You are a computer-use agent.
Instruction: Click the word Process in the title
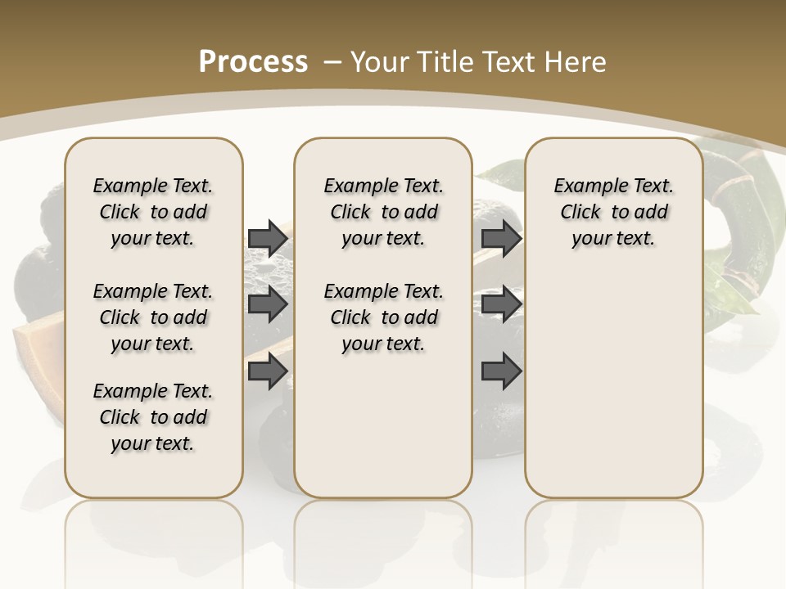click(253, 62)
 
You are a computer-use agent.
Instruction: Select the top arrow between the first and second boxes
click(268, 238)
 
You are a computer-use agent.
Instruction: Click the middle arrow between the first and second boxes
click(268, 304)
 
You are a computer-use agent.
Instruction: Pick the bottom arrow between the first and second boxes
click(268, 371)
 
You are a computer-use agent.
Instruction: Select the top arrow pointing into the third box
click(501, 238)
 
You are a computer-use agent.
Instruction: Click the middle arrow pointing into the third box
click(501, 304)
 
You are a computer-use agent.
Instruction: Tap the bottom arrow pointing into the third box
click(501, 371)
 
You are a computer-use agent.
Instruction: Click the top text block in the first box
click(153, 212)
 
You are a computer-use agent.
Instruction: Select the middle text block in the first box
click(153, 317)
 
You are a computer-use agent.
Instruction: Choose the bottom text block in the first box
click(153, 417)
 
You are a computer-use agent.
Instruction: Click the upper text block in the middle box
click(383, 212)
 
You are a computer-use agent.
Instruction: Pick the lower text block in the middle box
click(383, 317)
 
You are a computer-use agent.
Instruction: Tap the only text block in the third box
click(613, 212)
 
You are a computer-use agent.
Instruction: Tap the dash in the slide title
click(333, 62)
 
